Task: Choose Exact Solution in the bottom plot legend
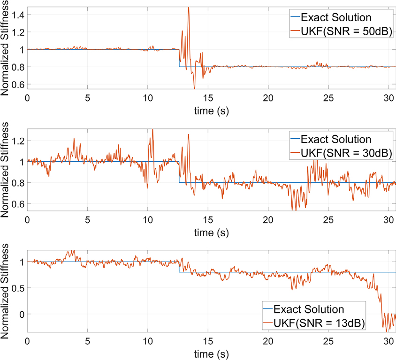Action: coord(309,309)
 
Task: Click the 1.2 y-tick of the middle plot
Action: coord(18,141)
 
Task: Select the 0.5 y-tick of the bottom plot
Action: coord(18,288)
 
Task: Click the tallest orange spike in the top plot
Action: coord(188,8)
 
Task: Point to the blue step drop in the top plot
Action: coord(179,58)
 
